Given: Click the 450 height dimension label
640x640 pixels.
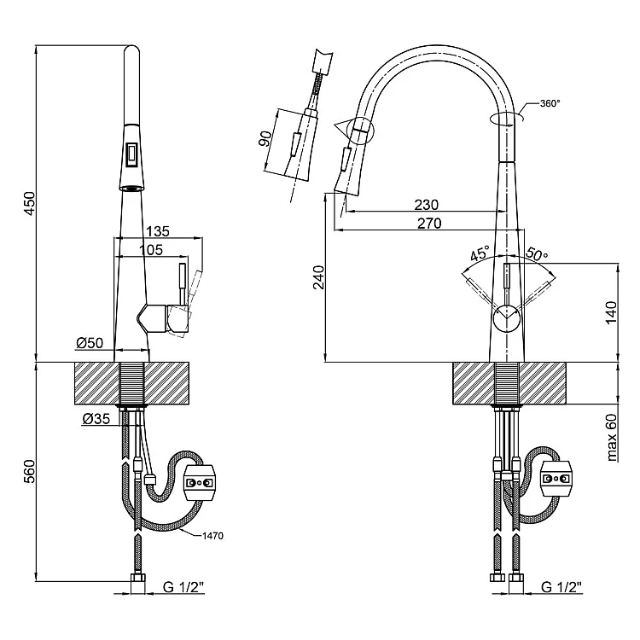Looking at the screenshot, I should (x=28, y=204).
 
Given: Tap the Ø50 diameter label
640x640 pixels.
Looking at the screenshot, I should (x=89, y=343).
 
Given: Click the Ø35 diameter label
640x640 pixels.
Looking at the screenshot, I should (x=96, y=419).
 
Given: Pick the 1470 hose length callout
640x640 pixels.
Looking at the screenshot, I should (x=212, y=536).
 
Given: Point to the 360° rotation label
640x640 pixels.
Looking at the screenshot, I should (x=550, y=104).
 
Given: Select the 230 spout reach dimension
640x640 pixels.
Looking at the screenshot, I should (x=426, y=205).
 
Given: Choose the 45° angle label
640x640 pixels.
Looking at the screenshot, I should (x=480, y=253).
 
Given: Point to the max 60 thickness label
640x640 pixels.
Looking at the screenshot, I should (x=611, y=438).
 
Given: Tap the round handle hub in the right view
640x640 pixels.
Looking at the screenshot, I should (x=506, y=317).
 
